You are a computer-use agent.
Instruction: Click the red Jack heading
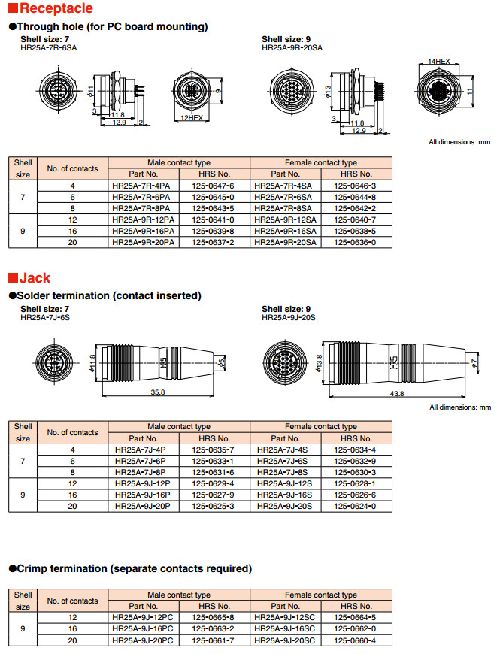(34, 278)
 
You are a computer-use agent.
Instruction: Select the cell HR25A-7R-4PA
(141, 186)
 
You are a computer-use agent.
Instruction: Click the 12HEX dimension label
(192, 118)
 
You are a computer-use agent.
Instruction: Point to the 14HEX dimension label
(438, 61)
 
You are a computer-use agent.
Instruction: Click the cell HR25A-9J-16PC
(142, 628)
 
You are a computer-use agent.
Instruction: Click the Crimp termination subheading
(133, 568)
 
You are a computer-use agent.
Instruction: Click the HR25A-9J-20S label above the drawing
(288, 318)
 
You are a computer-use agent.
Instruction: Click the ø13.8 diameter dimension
(320, 362)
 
